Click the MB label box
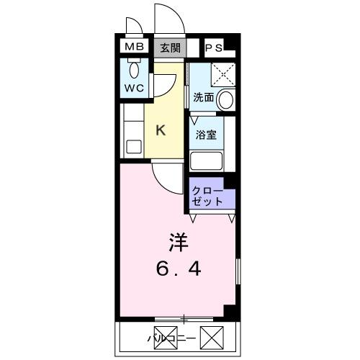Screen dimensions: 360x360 [x=133, y=48]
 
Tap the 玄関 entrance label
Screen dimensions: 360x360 [x=169, y=48]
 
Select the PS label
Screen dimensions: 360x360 [x=214, y=48]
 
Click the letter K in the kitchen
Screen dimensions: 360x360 [x=161, y=130]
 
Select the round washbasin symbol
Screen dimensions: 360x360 [x=226, y=99]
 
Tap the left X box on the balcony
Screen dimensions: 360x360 [x=132, y=336]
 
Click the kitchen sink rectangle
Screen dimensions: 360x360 [x=133, y=147]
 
